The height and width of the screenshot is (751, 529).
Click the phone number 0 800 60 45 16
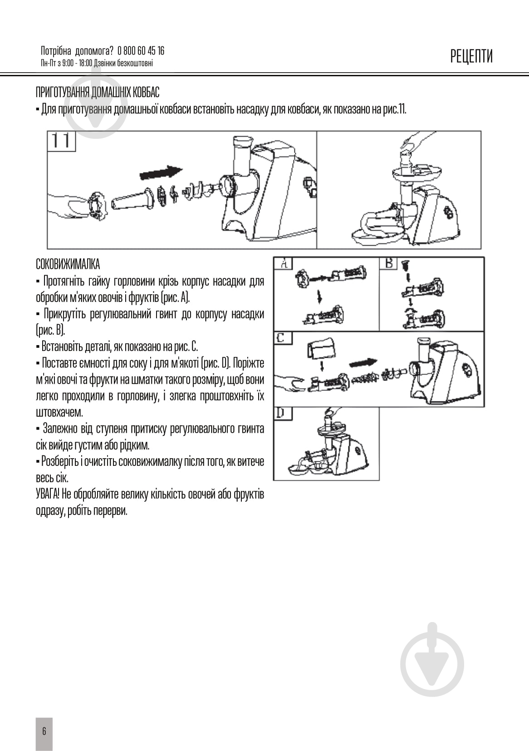(141, 50)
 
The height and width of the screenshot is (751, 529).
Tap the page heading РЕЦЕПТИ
(471, 56)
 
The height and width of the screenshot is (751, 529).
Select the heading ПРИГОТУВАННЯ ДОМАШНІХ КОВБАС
(98, 92)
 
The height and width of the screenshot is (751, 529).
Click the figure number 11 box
(61, 141)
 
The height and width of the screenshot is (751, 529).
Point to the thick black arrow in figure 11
(161, 173)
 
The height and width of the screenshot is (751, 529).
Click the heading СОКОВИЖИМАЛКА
(68, 264)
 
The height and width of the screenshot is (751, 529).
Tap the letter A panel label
(284, 263)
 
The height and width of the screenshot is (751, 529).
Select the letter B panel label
(388, 263)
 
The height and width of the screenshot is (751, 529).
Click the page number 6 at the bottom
(44, 731)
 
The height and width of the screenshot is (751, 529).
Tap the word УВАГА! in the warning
(48, 494)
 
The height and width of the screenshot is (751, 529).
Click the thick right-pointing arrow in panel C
(363, 363)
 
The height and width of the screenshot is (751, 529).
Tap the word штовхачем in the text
(59, 412)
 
